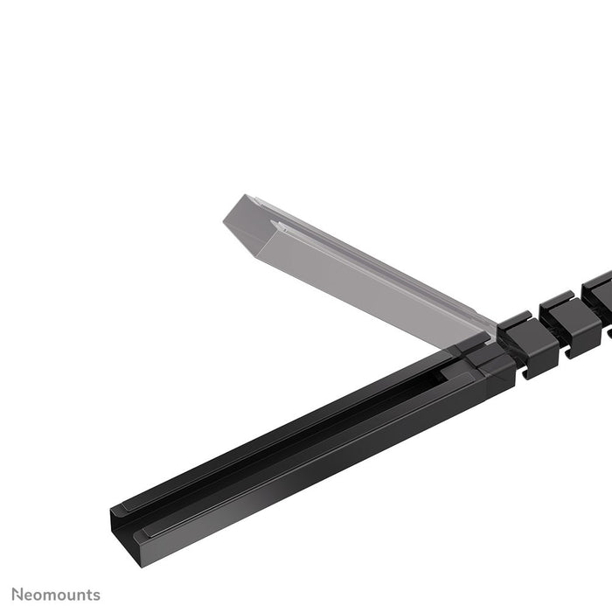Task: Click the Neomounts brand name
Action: pos(55,595)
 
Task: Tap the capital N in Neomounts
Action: pos(16,595)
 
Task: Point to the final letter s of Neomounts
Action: pos(96,596)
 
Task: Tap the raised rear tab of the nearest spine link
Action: pos(516,319)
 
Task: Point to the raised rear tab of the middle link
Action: pos(554,302)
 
